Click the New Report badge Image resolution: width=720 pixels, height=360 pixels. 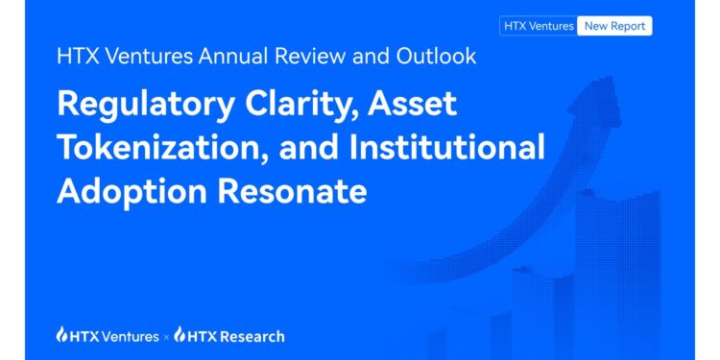[614, 26]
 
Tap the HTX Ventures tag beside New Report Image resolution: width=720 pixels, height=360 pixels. [539, 26]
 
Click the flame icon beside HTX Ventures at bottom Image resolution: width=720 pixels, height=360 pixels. [61, 335]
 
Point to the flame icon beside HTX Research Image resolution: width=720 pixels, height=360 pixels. [182, 335]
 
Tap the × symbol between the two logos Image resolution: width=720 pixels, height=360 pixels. [168, 337]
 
